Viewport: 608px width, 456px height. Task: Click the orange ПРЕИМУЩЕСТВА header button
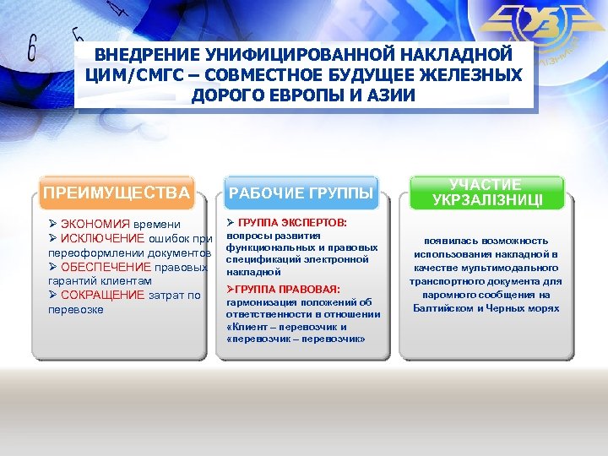[117, 193]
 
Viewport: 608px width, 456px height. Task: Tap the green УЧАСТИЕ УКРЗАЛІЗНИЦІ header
[486, 193]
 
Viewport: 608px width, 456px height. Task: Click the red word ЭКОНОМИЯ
[95, 225]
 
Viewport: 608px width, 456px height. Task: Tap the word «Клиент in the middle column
[246, 327]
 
